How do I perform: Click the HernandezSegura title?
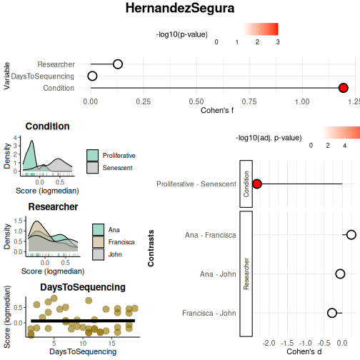tap(180, 8)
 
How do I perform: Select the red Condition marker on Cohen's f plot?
tap(343, 88)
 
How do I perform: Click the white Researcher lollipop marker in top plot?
tap(118, 64)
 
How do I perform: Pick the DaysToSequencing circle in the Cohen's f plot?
tap(92, 76)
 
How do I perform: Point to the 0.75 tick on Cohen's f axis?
tap(249, 102)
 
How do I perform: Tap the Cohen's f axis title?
tap(217, 110)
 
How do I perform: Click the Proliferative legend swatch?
tap(92, 156)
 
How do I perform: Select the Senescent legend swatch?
tap(92, 168)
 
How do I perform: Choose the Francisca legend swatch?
tap(98, 242)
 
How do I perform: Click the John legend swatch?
tap(98, 254)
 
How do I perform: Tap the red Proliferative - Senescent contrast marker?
tap(257, 184)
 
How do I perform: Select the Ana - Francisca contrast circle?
tap(351, 235)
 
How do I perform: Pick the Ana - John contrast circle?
tap(340, 274)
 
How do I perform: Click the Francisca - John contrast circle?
tap(332, 313)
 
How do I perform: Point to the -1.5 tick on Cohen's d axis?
tap(287, 343)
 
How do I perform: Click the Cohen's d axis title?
tap(304, 351)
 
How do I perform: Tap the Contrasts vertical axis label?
tap(151, 248)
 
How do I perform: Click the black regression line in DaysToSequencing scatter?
tap(83, 321)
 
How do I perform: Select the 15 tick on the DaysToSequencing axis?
tap(112, 344)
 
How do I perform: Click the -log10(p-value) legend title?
tap(182, 34)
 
